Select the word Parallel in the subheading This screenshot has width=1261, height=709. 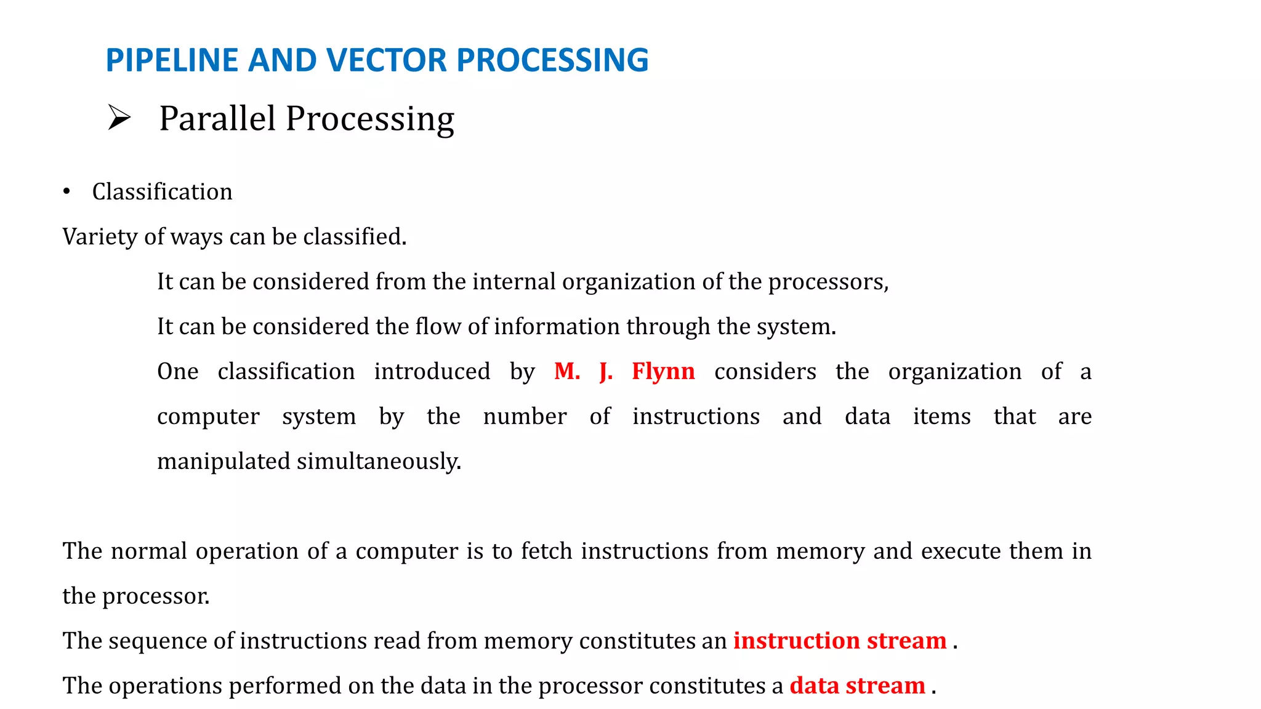(217, 118)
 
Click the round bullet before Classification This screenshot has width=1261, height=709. (66, 192)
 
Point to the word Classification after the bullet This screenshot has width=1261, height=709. (162, 192)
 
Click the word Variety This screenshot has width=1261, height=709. (100, 237)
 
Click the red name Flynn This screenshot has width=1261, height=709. (663, 372)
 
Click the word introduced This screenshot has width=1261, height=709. (432, 372)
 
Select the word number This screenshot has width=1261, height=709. (525, 417)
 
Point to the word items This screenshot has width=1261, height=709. (941, 417)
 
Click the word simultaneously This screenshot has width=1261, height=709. (379, 462)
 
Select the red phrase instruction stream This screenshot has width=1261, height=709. (839, 641)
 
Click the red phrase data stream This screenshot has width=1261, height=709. (857, 686)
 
